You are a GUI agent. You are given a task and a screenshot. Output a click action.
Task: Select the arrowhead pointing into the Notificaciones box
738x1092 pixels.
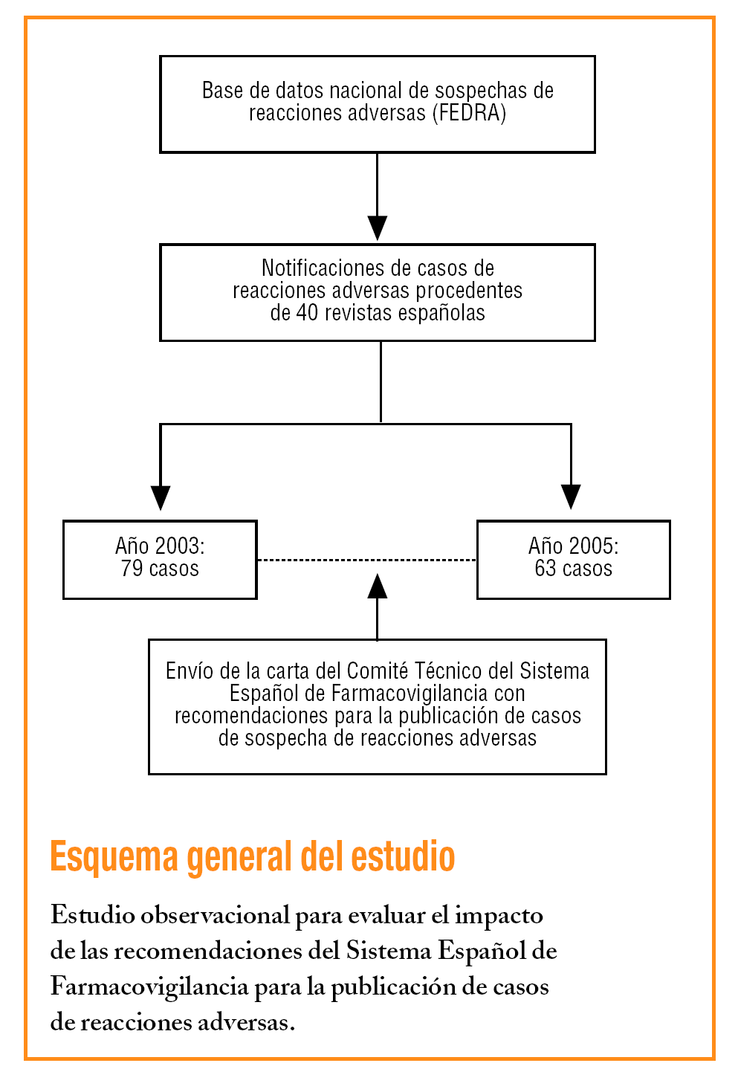[x=378, y=227]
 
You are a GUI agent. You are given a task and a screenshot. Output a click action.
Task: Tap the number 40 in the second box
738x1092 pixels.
[x=307, y=313]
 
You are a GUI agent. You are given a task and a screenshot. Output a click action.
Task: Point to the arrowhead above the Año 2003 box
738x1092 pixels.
[x=161, y=497]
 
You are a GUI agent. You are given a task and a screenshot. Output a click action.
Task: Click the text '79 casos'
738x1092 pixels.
[x=160, y=569]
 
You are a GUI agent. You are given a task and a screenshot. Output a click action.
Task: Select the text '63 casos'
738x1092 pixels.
[x=573, y=569]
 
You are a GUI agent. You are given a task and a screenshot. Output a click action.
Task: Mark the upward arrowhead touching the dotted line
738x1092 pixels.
[x=378, y=587]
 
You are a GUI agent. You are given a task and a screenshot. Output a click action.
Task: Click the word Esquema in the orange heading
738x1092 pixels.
[x=114, y=857]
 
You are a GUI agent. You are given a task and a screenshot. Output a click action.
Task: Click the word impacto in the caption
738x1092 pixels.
[x=499, y=915]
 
